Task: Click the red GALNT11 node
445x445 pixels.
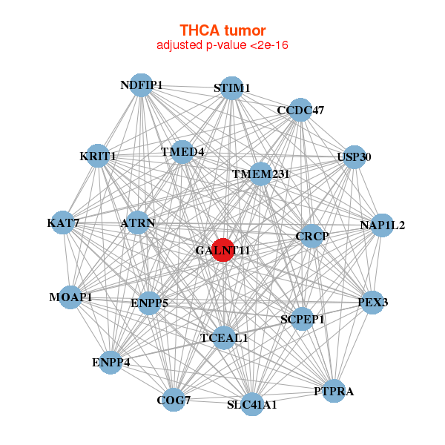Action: [x=223, y=250]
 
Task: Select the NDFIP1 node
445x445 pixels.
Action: [x=141, y=85]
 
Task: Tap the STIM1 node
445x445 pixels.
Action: [x=232, y=88]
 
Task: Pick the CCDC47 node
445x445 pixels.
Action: [x=300, y=110]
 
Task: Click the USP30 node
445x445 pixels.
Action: [x=355, y=157]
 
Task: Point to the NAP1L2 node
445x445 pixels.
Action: [x=382, y=225]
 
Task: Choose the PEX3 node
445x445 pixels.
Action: [x=372, y=303]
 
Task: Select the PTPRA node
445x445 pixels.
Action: [x=334, y=391]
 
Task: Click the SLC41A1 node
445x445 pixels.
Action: [x=252, y=404]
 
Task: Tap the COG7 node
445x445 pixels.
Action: [x=174, y=400]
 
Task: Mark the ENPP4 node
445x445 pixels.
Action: [x=111, y=363]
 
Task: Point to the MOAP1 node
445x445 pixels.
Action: [x=70, y=297]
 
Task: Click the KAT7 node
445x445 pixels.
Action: [x=63, y=222]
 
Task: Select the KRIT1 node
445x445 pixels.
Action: [x=98, y=156]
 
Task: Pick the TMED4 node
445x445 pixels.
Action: [x=182, y=152]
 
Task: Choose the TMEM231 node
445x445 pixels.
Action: [x=260, y=174]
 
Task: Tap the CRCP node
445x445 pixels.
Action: [x=312, y=236]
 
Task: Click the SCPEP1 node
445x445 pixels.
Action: [x=302, y=319]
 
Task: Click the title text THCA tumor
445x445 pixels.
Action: [x=222, y=30]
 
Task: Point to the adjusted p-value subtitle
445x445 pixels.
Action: [x=222, y=45]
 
